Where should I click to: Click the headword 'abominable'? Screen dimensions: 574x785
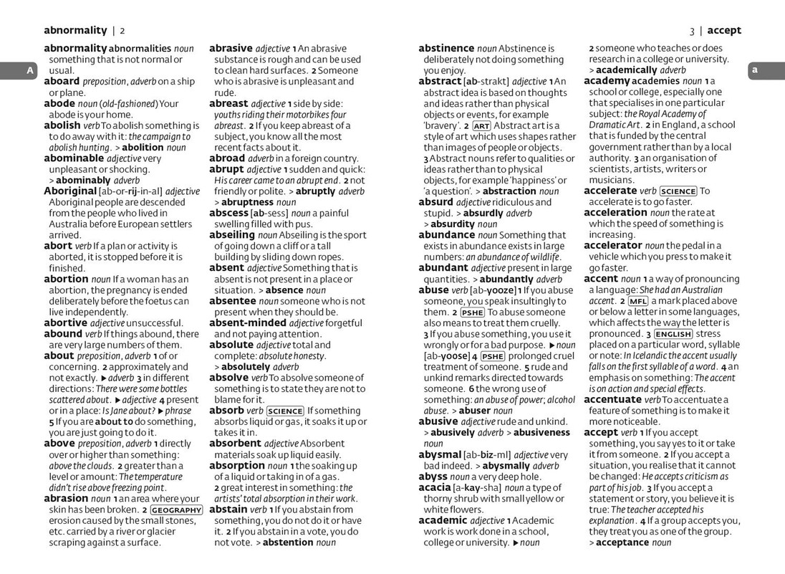tap(74, 158)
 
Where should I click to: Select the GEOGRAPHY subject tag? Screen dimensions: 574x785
tap(176, 510)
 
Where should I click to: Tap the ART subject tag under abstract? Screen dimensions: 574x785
tap(481, 125)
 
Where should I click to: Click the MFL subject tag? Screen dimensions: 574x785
tap(638, 301)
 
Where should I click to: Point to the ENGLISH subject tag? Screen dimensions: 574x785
tap(673, 334)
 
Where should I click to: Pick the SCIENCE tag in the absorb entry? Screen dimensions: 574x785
tap(284, 411)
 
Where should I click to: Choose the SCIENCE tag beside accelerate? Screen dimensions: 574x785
tap(678, 191)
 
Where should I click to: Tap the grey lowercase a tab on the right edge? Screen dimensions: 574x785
tap(754, 70)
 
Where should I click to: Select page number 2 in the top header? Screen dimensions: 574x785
tap(122, 31)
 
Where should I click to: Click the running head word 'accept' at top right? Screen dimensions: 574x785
tap(724, 31)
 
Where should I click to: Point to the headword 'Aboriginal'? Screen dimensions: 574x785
tap(70, 191)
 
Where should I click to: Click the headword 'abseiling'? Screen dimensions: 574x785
tap(232, 235)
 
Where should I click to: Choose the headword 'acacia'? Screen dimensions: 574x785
tap(435, 488)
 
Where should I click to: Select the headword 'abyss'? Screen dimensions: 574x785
tap(433, 477)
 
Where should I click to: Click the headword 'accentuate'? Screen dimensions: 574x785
tap(612, 400)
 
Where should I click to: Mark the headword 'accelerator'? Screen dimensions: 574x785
tap(613, 246)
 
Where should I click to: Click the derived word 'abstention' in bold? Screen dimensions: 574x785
tap(288, 542)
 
